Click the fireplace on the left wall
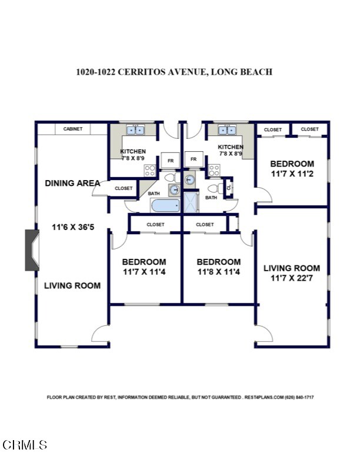click(32, 249)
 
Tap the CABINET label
click(73, 129)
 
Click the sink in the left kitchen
click(135, 129)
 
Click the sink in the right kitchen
click(226, 129)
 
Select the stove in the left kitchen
click(150, 171)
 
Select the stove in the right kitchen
click(215, 171)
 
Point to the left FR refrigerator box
click(171, 159)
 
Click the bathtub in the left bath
click(165, 207)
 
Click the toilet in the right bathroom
click(214, 188)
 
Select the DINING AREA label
click(72, 183)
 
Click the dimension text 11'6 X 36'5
click(73, 227)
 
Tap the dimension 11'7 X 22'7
click(291, 278)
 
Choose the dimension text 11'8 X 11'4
click(218, 272)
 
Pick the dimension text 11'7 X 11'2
click(292, 174)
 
